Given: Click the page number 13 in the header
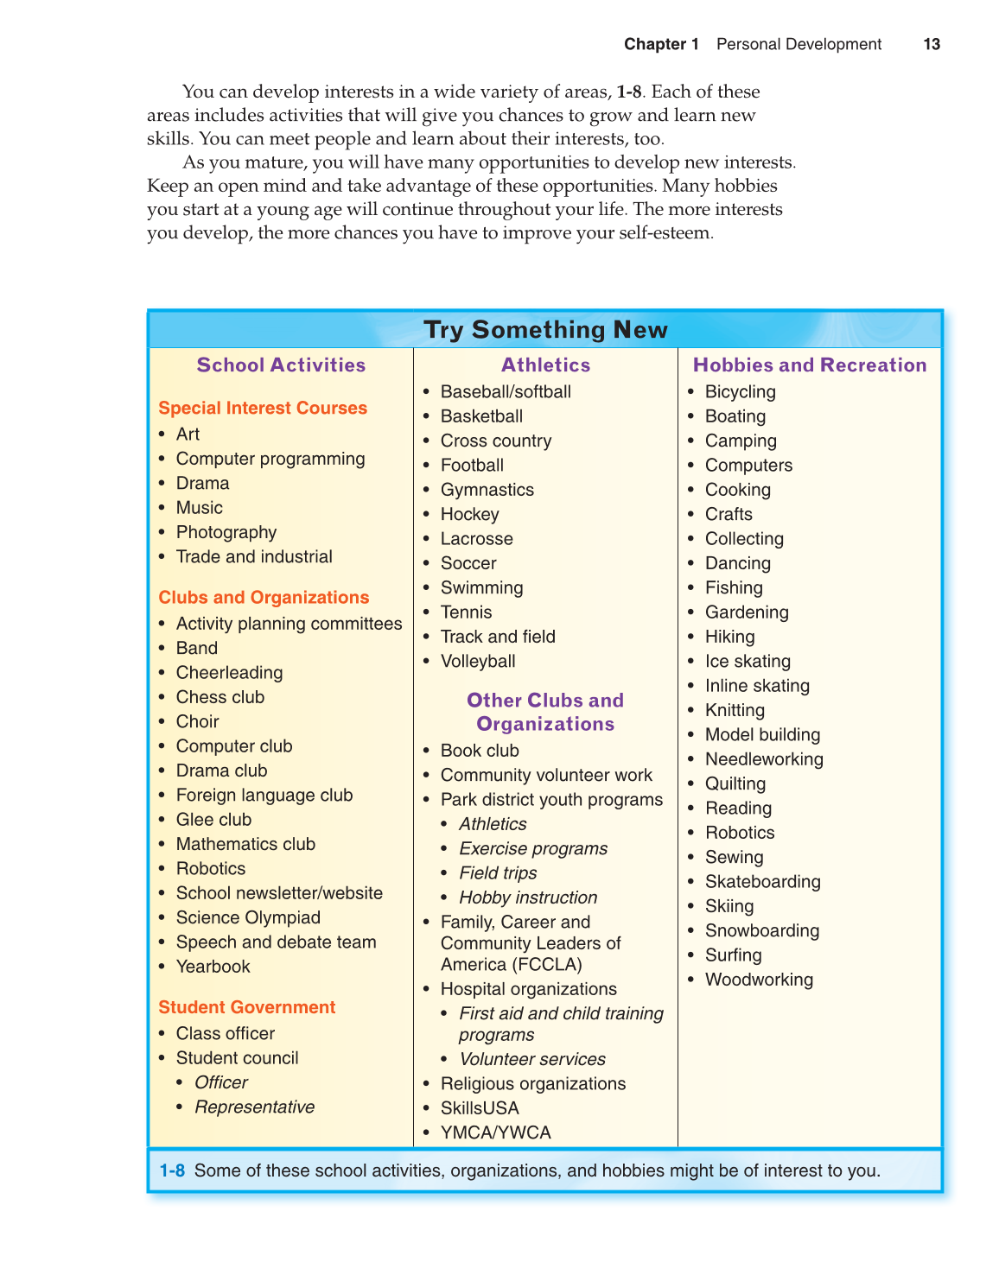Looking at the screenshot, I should [x=931, y=44].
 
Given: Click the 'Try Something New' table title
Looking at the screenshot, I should [x=545, y=330].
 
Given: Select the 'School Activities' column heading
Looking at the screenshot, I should [x=281, y=365].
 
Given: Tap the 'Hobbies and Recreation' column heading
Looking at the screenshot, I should [x=809, y=365].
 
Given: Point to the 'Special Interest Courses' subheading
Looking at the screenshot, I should [x=263, y=408].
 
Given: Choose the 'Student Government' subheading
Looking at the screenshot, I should [x=246, y=1007].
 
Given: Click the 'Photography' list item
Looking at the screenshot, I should [x=226, y=532].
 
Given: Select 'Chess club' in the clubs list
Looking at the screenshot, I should [x=220, y=697].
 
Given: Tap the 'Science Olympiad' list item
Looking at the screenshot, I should [x=248, y=917].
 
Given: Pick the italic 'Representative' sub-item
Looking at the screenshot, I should [x=254, y=1107].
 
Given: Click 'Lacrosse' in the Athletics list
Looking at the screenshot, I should [x=476, y=539].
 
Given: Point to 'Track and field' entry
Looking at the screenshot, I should [x=498, y=637].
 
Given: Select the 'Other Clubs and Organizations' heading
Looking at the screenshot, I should [x=545, y=713].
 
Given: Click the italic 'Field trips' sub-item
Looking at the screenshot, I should [x=498, y=873].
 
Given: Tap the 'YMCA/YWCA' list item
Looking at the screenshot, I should [x=495, y=1132].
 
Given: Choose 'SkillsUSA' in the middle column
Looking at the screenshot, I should [x=480, y=1108].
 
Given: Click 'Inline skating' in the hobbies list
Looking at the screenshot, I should [x=757, y=686].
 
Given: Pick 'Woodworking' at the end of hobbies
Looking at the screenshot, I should [x=759, y=980].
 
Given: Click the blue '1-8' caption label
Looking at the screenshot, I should [x=172, y=1171].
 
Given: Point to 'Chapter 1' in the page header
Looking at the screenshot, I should [x=661, y=44].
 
